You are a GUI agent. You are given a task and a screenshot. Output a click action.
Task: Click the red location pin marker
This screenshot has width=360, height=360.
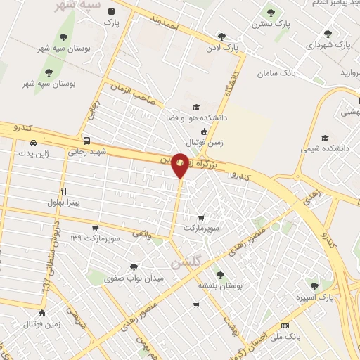180,164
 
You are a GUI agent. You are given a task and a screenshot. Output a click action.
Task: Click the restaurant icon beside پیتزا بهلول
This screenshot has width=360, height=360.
64,191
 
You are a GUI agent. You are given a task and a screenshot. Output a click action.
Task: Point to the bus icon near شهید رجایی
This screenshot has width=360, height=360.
86,140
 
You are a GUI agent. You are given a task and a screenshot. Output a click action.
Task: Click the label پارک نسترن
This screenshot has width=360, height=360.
271,25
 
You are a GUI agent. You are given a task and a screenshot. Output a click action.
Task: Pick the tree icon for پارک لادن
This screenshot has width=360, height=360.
221,37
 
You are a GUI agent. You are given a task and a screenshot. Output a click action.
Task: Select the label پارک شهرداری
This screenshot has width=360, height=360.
327,44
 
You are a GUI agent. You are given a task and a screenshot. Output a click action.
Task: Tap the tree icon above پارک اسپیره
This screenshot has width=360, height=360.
314,286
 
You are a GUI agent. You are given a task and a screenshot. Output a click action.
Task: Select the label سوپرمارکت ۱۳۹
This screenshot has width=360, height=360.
96,237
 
